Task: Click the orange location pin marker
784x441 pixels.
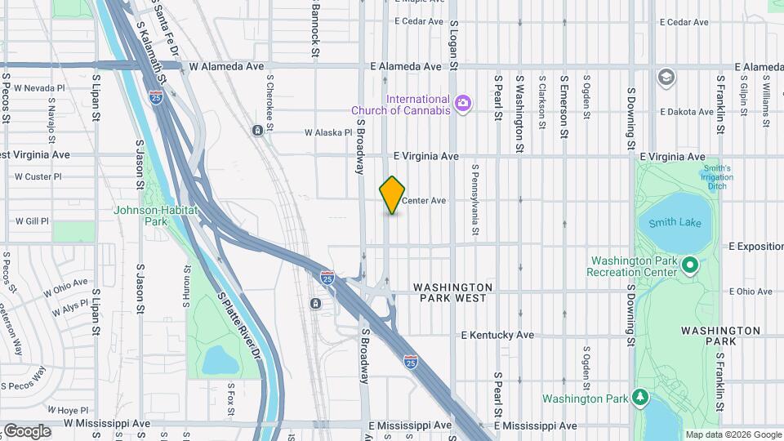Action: coord(393,195)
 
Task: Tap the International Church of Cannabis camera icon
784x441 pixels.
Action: coord(463,103)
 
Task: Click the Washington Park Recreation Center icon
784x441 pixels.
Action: coord(689,265)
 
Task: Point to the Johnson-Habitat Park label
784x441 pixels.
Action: coord(155,216)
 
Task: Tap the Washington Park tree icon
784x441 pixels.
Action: coord(641,399)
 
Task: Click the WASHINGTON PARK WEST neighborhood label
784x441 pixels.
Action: coord(452,292)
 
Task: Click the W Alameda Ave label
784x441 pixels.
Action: coord(226,66)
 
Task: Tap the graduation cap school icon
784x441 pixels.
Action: coord(666,77)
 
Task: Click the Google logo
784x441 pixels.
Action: coord(26,430)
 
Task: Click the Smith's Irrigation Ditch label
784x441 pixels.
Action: coord(716,178)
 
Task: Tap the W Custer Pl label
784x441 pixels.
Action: coord(38,176)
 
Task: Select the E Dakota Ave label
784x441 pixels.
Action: coord(687,111)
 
